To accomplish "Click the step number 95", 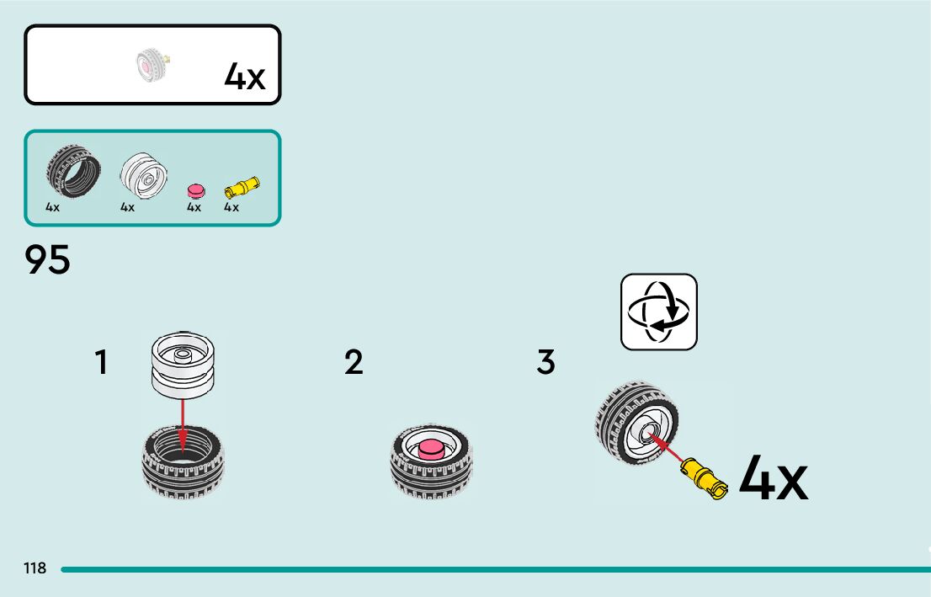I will (x=48, y=260).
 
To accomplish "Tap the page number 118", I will (x=35, y=568).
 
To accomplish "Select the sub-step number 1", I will (x=101, y=363).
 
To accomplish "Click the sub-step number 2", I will (x=354, y=363).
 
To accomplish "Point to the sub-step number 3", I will (x=545, y=363).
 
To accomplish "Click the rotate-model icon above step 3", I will (x=659, y=312).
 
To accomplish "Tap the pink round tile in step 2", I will (x=431, y=449).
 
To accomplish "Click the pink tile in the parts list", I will (x=196, y=189).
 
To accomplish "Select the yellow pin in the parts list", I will (x=242, y=187).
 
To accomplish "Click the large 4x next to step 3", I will (x=774, y=480).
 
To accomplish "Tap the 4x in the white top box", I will (x=245, y=77).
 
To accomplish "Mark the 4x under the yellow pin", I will (x=231, y=207).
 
